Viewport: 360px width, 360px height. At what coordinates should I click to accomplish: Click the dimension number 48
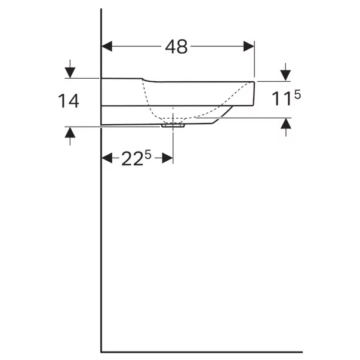pyautogui.click(x=176, y=47)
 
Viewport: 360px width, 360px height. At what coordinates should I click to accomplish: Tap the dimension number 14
pyautogui.click(x=69, y=101)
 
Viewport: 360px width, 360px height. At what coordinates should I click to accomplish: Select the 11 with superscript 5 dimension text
pyautogui.click(x=286, y=97)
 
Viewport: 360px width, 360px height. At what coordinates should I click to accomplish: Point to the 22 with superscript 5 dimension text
pyautogui.click(x=136, y=158)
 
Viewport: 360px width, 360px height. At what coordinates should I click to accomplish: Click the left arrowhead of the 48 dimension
pyautogui.click(x=107, y=47)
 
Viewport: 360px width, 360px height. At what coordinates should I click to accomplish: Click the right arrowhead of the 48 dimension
pyautogui.click(x=249, y=47)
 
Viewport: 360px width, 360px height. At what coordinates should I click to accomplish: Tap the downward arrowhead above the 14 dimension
pyautogui.click(x=70, y=73)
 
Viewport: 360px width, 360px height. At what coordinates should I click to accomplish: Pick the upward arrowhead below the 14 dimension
pyautogui.click(x=70, y=133)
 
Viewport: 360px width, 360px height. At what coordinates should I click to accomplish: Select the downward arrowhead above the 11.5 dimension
pyautogui.click(x=285, y=76)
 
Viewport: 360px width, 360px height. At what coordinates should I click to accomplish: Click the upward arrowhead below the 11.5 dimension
pyautogui.click(x=286, y=124)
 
